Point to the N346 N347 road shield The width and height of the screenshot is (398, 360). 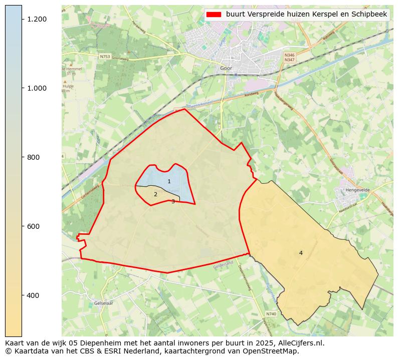point(289,58)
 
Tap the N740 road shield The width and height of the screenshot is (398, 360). point(271,314)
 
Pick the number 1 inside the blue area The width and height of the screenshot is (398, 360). point(169,181)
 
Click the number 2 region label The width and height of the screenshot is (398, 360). point(155,194)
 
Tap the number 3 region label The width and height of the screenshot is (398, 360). point(173,201)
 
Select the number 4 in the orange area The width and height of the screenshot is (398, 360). point(301,253)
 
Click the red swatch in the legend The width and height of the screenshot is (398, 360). point(214,15)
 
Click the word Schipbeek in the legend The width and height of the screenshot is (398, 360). point(370,15)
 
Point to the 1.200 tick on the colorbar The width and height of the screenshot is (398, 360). point(37,19)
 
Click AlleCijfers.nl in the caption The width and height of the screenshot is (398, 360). point(299,343)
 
